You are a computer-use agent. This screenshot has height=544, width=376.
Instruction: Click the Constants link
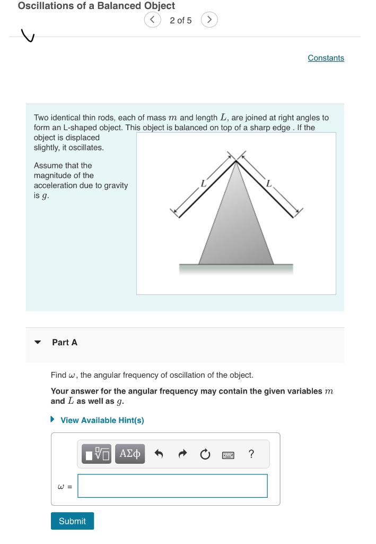click(x=326, y=58)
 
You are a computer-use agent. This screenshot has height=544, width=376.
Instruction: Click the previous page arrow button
click(x=152, y=20)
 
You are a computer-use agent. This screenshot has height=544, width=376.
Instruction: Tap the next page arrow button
click(x=209, y=20)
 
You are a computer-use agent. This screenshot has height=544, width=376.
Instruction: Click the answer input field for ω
click(x=172, y=486)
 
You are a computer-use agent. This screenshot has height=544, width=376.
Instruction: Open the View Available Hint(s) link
click(x=102, y=420)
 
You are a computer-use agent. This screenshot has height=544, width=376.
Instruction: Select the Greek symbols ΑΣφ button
click(x=130, y=454)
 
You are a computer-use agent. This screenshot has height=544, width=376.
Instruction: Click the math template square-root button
click(x=98, y=454)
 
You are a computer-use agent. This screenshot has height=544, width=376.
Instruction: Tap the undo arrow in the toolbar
click(x=158, y=454)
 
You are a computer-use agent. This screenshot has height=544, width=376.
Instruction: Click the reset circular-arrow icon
click(x=205, y=454)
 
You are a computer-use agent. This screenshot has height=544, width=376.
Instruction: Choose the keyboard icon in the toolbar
click(x=228, y=455)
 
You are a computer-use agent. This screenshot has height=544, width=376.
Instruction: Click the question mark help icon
click(x=251, y=454)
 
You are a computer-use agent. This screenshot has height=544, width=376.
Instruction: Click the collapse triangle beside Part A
click(x=38, y=343)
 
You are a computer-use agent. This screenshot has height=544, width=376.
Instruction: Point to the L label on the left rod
click(x=203, y=184)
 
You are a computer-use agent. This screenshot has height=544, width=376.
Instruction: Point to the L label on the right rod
click(x=269, y=184)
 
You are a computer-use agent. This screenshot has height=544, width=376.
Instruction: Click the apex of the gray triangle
click(x=236, y=162)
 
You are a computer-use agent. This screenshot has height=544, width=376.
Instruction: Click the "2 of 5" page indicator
click(x=181, y=20)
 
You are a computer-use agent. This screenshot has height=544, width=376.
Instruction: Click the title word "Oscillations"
click(x=46, y=6)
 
